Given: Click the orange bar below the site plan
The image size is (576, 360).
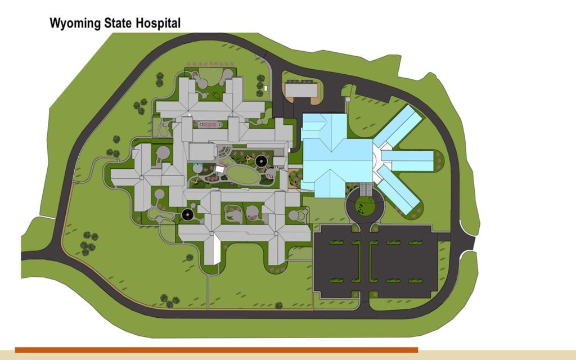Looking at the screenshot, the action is (x=216, y=350).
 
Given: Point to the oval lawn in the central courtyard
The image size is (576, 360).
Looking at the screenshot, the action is (x=244, y=175).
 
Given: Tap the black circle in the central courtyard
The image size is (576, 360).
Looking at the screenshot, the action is (x=261, y=162).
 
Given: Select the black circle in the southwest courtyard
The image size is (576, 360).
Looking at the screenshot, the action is (x=187, y=214).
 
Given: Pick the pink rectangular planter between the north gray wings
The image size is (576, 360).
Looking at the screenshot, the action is (x=209, y=123).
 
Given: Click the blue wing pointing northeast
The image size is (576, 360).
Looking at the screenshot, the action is (x=400, y=125).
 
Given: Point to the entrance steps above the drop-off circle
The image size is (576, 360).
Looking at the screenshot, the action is (x=366, y=190).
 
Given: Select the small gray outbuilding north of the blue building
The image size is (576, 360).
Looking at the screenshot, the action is (x=301, y=89).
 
